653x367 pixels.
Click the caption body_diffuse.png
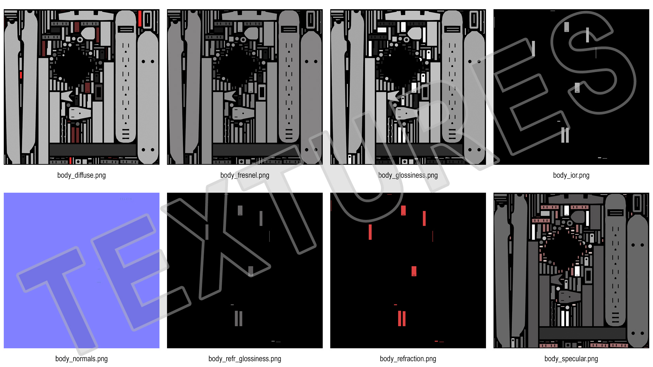pos(82,175)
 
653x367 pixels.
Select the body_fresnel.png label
pos(245,175)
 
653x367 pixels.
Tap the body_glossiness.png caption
pos(408,175)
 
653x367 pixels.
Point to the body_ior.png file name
pos(571,175)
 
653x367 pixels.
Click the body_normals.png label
pos(82,359)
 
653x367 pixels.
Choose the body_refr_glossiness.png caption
pos(245,359)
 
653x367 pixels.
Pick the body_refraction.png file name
pos(408,359)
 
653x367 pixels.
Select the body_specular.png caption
pos(571,359)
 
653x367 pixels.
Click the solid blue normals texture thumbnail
pos(82,270)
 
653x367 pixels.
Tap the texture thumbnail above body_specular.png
pos(571,270)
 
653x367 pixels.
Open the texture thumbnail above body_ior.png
pos(571,87)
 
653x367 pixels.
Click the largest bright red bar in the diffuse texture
pos(140,18)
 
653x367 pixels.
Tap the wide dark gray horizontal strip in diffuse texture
pos(93,150)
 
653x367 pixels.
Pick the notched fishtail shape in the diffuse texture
pos(67,96)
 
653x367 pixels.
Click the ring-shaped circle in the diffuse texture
pos(80,39)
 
